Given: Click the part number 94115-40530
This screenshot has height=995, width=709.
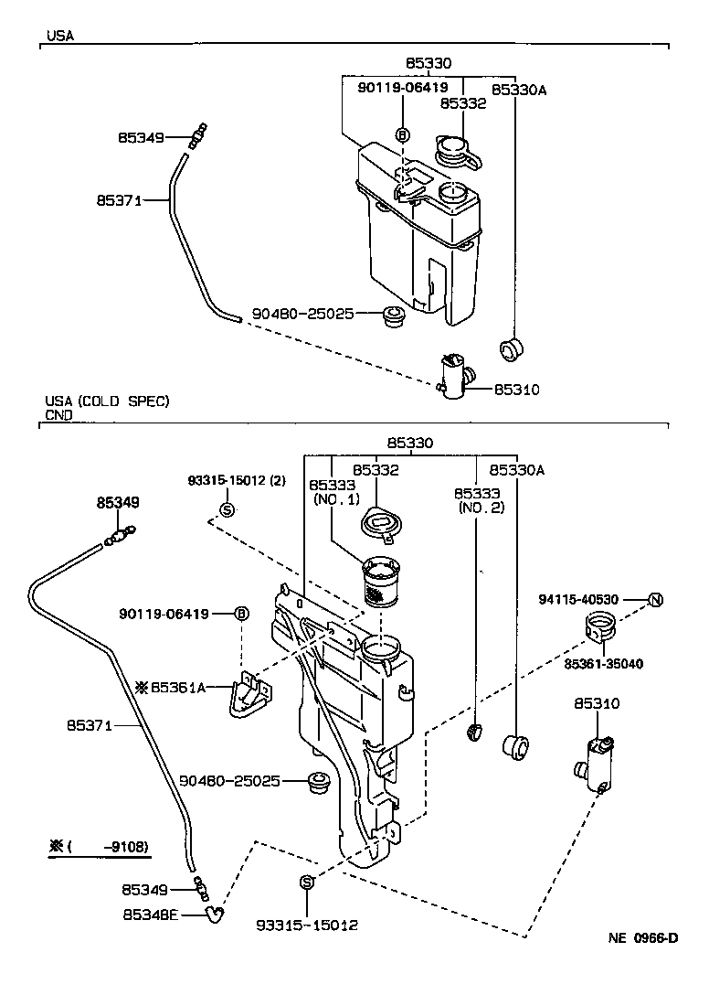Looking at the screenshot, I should (579, 600).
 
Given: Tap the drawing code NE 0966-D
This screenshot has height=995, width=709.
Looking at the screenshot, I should (643, 938).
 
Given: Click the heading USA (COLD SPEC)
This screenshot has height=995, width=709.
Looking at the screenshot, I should (107, 401).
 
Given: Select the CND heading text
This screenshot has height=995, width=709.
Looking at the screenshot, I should (58, 414).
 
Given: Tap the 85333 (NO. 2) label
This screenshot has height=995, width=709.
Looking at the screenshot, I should (479, 499).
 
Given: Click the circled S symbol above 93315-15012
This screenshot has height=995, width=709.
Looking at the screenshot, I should (307, 882).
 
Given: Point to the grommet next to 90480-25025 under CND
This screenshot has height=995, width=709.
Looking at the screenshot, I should (320, 783).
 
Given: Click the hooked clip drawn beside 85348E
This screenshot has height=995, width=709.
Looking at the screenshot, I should (215, 912).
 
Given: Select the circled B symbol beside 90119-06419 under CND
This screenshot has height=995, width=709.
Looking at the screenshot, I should (241, 614).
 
